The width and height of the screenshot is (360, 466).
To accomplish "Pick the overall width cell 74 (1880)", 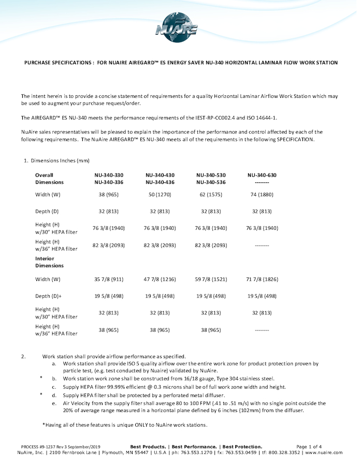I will point(262,195).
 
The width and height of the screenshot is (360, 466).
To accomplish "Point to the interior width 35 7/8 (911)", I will point(108,279).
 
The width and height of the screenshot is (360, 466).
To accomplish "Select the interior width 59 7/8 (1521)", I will point(211,279).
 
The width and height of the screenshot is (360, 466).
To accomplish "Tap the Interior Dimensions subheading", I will point(49,261).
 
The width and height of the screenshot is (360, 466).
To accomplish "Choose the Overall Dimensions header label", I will point(49,179).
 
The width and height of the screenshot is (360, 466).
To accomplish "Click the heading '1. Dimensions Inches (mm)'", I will point(56,161).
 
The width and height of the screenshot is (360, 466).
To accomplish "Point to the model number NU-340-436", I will point(160,182).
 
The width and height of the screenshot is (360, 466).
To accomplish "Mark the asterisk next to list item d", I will point(41,395).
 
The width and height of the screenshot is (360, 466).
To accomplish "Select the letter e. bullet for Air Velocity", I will point(54,403).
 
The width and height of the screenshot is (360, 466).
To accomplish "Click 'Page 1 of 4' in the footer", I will point(309,446).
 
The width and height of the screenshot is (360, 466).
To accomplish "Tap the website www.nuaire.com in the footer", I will point(324,452).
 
